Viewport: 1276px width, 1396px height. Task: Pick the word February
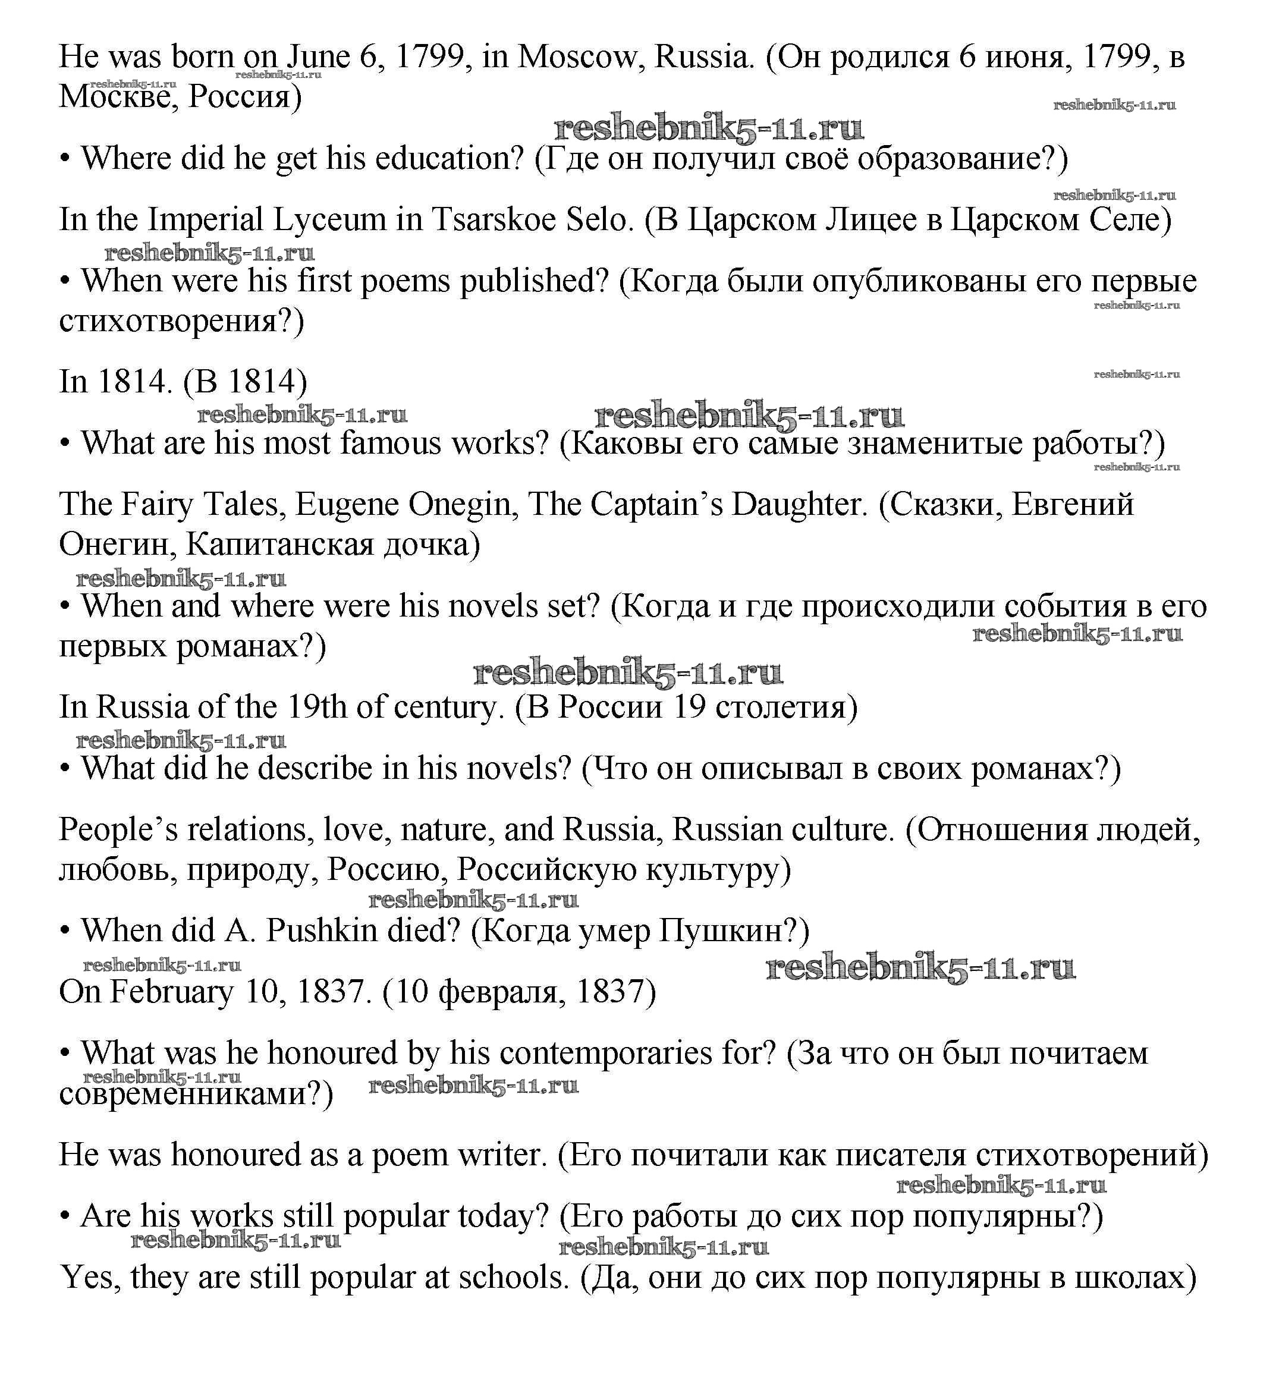(x=172, y=992)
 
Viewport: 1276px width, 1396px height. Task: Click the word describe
(x=319, y=769)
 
